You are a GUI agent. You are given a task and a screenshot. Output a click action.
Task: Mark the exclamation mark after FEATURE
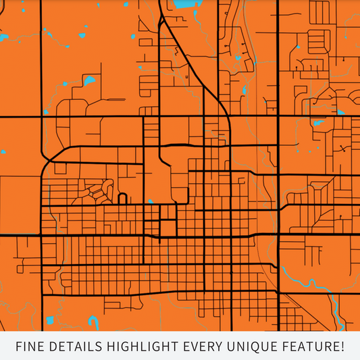(x=343, y=347)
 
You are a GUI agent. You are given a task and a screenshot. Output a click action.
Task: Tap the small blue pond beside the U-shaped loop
(x=151, y=201)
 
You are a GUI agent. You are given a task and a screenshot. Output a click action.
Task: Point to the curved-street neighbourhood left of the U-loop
(x=98, y=190)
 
